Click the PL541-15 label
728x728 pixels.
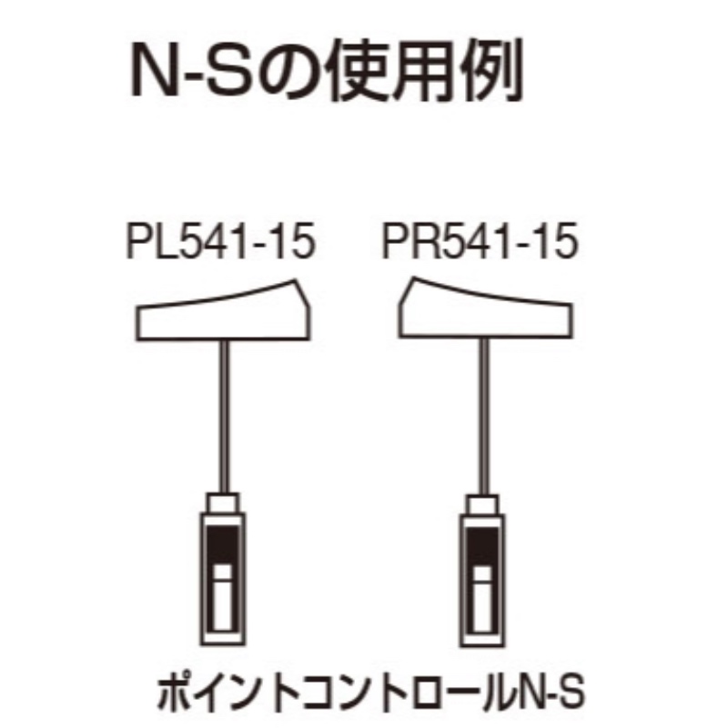pyautogui.click(x=220, y=241)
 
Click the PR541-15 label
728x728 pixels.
pyautogui.click(x=480, y=241)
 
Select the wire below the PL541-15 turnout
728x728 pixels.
pyautogui.click(x=224, y=417)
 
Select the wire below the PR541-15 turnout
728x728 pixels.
pyautogui.click(x=484, y=417)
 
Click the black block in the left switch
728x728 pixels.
pyautogui.click(x=223, y=545)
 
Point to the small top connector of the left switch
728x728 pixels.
pyautogui.click(x=223, y=503)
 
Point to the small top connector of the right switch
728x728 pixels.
pyautogui.click(x=483, y=505)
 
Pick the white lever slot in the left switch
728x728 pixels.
pyautogui.click(x=223, y=598)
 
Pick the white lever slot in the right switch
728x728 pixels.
pyautogui.click(x=483, y=600)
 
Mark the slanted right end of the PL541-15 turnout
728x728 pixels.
pyautogui.click(x=302, y=309)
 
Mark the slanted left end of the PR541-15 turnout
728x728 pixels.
pyautogui.click(x=407, y=307)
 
